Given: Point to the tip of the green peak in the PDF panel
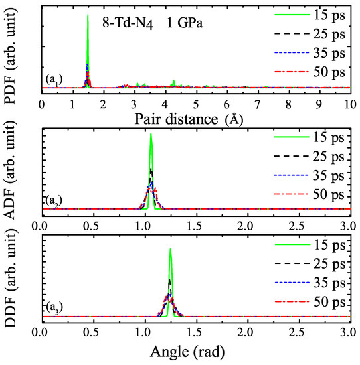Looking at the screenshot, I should (88, 15).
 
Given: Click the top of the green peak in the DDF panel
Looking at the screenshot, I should (170, 250).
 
